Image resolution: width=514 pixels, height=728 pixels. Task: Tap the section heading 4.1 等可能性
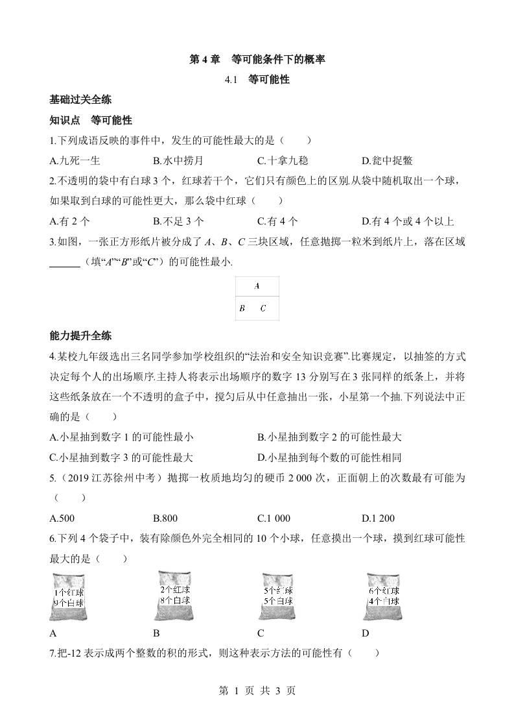coord(257,80)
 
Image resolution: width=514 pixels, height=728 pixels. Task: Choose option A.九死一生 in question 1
coord(75,161)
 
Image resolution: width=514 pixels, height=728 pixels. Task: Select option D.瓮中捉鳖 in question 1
coord(387,161)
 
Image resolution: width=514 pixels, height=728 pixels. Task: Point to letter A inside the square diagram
coord(257,285)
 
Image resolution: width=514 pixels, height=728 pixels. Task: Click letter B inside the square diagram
coord(242,309)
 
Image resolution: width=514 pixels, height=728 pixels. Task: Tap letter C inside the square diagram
coord(263,309)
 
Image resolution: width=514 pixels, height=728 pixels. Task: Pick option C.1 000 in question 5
coord(274,518)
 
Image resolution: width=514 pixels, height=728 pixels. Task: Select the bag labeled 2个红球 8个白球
coord(174,595)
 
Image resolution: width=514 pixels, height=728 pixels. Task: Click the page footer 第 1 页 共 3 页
coord(257,691)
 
